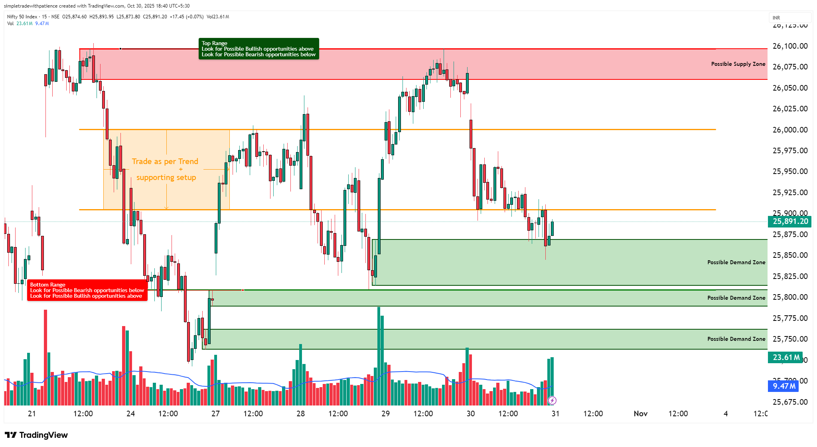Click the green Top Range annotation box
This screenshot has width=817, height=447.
[259, 49]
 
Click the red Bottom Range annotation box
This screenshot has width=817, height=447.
[87, 290]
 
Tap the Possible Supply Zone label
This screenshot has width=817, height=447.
[738, 64]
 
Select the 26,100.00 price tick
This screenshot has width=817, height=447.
[790, 46]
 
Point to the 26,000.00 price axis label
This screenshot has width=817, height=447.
[790, 130]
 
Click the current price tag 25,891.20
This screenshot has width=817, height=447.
[790, 222]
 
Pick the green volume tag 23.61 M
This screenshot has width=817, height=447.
[785, 357]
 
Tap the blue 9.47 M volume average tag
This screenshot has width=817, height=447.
[783, 386]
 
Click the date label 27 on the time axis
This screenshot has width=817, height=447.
[215, 413]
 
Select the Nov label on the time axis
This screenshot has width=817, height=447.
[640, 413]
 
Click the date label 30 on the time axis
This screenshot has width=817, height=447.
[470, 413]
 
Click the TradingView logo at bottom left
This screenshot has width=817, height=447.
[36, 435]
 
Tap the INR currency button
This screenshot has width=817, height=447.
[776, 18]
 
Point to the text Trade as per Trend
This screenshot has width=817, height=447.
[165, 161]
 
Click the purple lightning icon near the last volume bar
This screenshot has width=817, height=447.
[552, 400]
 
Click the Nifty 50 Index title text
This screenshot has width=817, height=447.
[22, 17]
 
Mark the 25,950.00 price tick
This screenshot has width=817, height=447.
[790, 172]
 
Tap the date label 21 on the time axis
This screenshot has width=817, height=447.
[32, 413]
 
